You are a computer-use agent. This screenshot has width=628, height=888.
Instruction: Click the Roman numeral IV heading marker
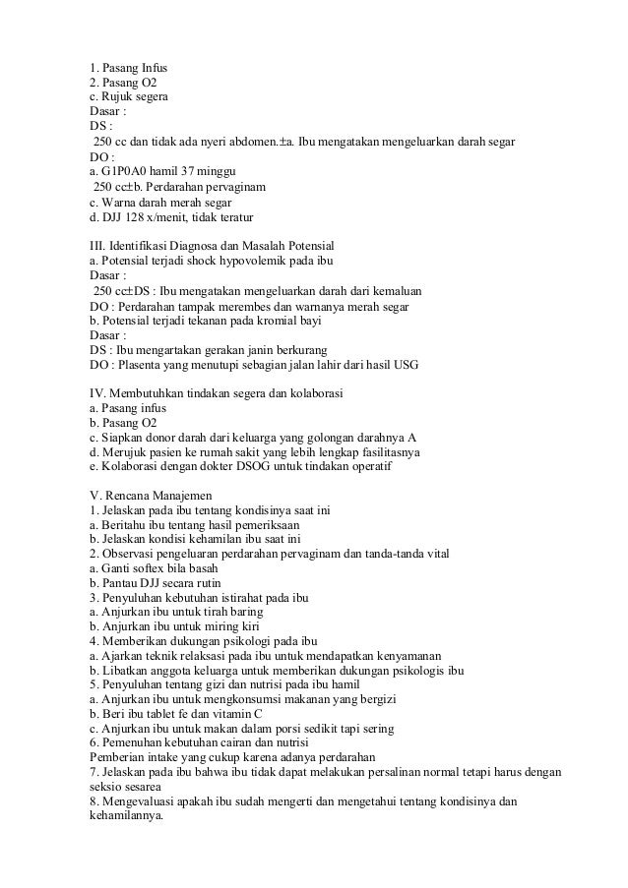click(x=96, y=393)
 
